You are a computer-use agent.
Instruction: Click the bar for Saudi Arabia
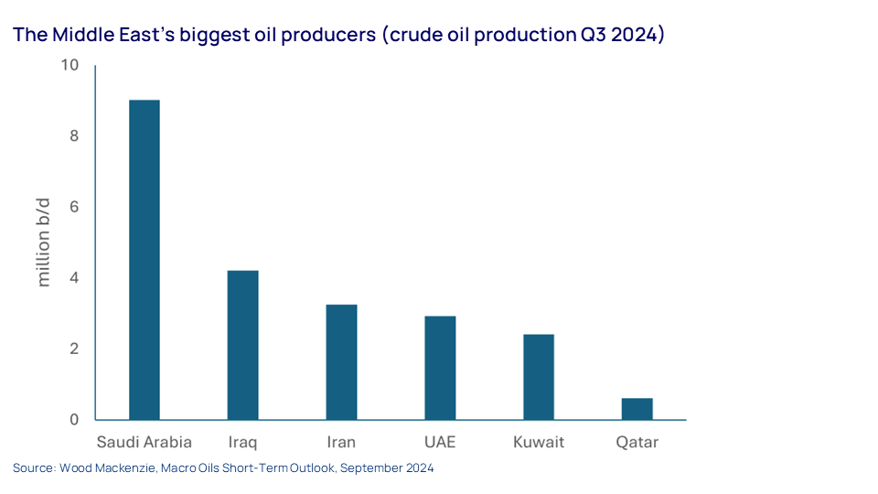click(145, 260)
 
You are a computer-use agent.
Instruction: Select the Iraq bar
click(243, 345)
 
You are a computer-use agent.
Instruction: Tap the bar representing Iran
click(341, 362)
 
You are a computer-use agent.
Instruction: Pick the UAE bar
click(440, 368)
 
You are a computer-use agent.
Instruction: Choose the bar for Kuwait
click(539, 377)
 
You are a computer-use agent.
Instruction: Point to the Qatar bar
click(637, 409)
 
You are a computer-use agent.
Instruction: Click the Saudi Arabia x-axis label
click(145, 442)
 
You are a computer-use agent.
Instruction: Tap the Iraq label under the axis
click(242, 443)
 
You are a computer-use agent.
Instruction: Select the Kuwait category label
click(539, 442)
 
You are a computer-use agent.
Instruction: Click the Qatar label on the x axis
click(637, 443)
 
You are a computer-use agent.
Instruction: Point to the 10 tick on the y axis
click(70, 65)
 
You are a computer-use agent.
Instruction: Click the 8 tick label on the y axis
click(74, 136)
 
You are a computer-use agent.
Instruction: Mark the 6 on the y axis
click(74, 207)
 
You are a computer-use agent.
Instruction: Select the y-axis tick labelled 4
click(74, 278)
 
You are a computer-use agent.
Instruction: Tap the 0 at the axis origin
click(74, 420)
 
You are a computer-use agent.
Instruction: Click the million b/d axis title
click(43, 242)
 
